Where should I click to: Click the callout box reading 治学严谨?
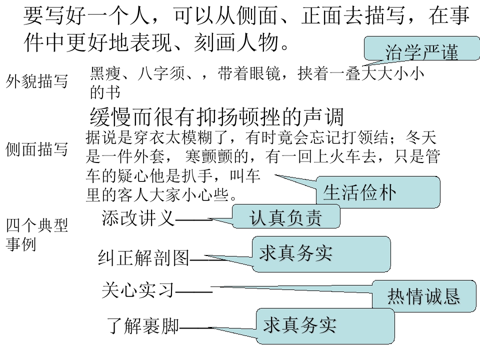(421, 52)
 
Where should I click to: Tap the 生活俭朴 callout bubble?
(377, 192)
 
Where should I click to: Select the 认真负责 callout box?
(286, 217)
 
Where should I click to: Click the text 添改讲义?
(138, 218)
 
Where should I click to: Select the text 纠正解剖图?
(144, 258)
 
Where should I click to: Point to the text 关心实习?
(138, 289)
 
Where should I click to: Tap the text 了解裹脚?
(144, 326)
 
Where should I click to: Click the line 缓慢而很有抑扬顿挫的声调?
(217, 117)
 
